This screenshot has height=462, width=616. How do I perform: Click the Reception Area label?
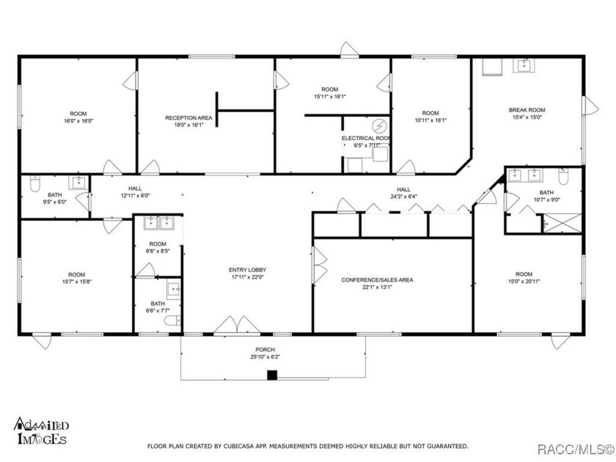tap(188, 117)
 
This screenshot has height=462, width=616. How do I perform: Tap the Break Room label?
tap(527, 110)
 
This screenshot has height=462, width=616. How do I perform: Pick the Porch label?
tap(265, 350)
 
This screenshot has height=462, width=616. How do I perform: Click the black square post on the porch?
tap(272, 375)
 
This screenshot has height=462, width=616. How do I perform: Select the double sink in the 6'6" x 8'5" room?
tap(158, 223)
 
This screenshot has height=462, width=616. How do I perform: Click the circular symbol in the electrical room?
tap(379, 124)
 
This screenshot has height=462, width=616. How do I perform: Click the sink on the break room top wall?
tap(525, 66)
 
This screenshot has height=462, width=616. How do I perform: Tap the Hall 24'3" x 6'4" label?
tap(403, 192)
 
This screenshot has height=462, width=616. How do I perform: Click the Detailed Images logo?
tap(41, 431)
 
